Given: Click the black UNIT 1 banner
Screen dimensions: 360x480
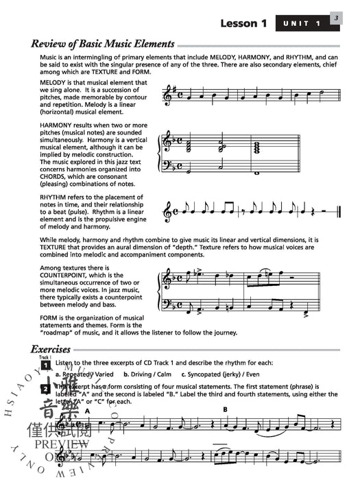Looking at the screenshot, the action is coord(302,25).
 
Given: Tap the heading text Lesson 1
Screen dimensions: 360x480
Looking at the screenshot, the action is coord(243,25).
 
